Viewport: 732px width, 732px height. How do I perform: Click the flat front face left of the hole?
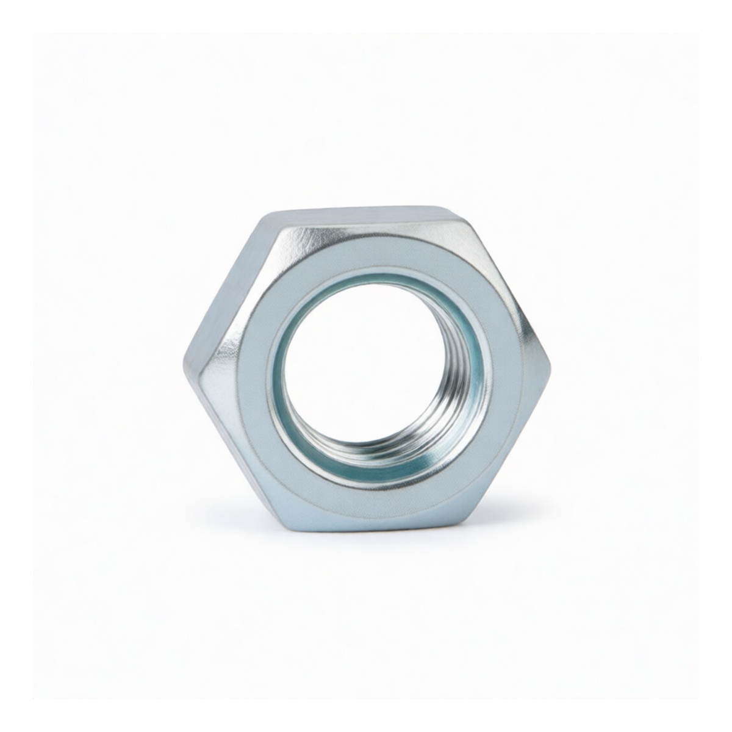pyautogui.click(x=244, y=378)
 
